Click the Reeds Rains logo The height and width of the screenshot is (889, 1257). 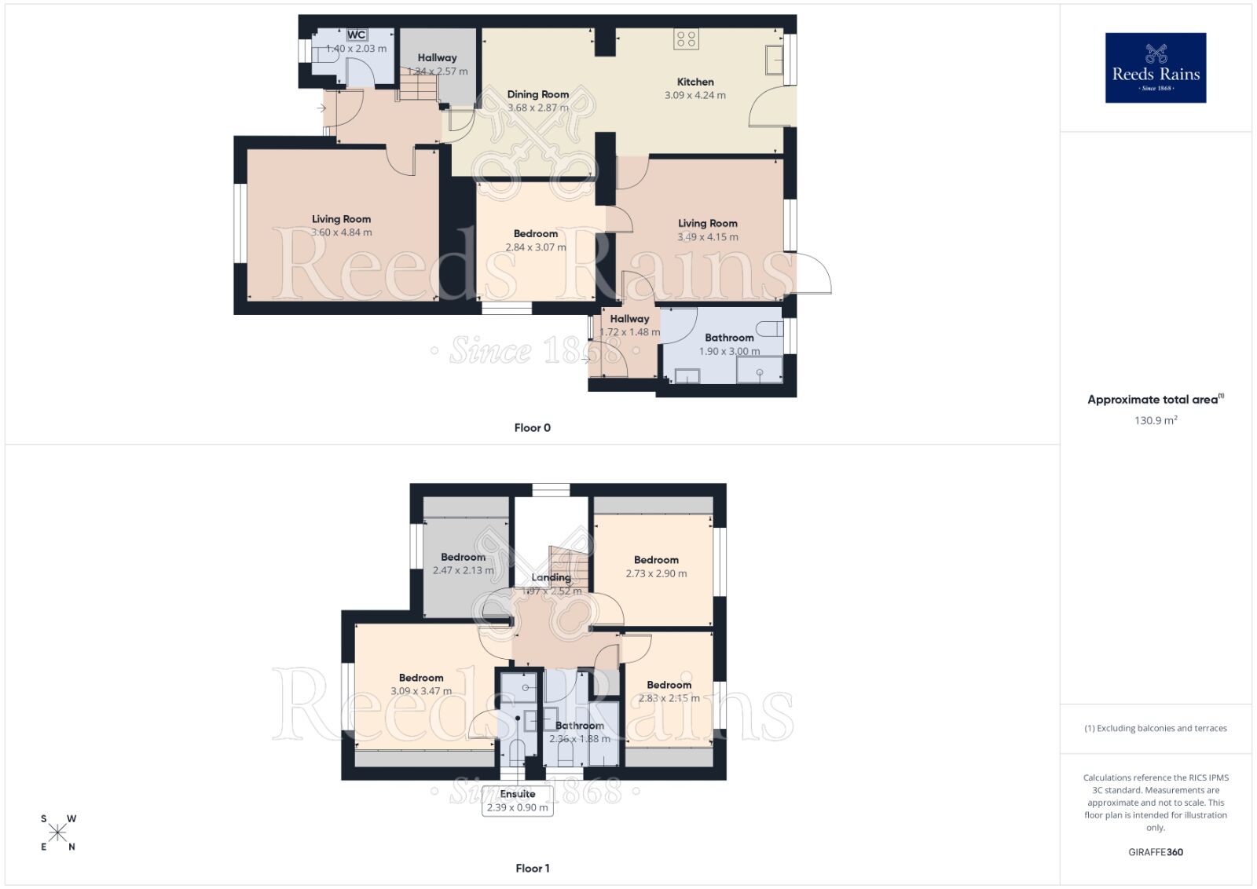[1155, 68]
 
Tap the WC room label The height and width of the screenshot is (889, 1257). [357, 35]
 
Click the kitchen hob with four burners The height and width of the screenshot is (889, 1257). [686, 38]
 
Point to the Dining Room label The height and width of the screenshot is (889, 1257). [538, 94]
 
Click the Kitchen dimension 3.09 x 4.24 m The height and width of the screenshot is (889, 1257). [695, 95]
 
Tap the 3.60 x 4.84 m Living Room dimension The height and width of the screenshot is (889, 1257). [341, 232]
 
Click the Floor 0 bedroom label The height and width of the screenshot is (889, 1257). [536, 233]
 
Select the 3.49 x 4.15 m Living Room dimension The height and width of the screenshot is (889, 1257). [708, 236]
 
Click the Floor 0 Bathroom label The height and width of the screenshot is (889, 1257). [729, 338]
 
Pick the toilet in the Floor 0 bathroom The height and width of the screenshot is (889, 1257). [768, 328]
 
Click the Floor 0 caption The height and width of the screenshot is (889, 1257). [533, 428]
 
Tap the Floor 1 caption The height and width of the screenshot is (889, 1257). [533, 868]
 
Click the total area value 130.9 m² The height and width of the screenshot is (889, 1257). [1155, 420]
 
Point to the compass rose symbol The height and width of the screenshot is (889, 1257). [57, 832]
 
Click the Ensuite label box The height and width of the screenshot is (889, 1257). [517, 801]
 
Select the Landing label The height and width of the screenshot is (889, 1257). [551, 577]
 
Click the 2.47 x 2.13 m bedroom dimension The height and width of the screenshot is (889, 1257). [464, 570]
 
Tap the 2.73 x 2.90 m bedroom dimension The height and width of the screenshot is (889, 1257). [656, 573]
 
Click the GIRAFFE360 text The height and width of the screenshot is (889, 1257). [1155, 852]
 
